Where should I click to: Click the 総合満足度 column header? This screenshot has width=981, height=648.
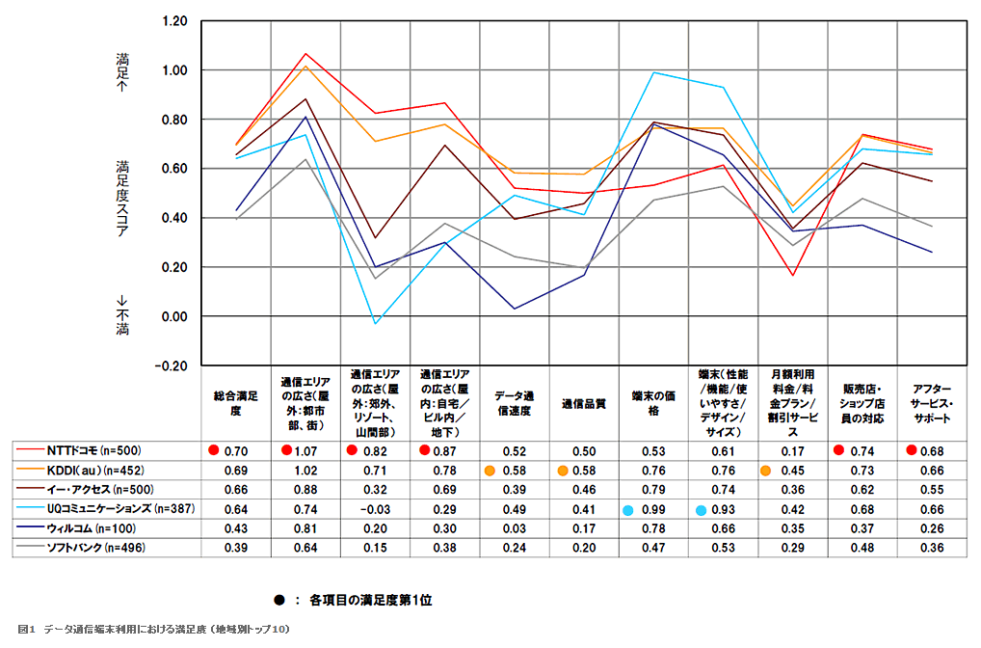235,404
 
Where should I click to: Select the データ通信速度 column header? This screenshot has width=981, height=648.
513,404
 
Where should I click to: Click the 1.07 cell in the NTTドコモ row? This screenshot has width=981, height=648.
305,450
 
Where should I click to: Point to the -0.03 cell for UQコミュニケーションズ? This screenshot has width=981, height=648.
374,509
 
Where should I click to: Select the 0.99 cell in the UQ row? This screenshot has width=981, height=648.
653,509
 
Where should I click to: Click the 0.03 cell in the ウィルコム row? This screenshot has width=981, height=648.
513,528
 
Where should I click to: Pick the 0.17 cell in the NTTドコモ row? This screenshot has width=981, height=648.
792,450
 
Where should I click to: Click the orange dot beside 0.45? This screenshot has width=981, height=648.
766,471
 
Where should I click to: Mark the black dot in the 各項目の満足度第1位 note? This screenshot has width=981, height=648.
278,600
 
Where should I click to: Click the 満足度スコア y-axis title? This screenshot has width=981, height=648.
122,193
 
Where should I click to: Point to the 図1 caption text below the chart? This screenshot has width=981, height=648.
154,629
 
